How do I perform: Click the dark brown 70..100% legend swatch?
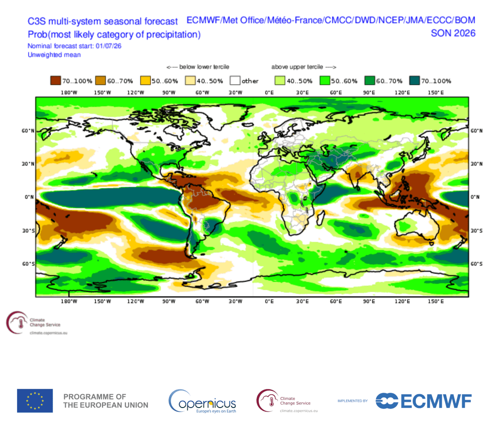click(55, 81)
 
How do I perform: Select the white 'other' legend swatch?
click(235, 81)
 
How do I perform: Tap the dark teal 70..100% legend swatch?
click(415, 81)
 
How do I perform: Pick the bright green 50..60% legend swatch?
click(325, 81)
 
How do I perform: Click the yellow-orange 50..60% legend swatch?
click(145, 81)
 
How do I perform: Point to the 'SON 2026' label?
click(453, 33)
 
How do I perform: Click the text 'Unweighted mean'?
click(54, 55)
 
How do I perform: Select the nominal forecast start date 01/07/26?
click(109, 46)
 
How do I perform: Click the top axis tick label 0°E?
click(269, 92)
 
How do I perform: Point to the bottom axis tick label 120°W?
click(135, 301)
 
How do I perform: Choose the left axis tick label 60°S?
click(28, 264)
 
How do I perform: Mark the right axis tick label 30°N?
click(476, 164)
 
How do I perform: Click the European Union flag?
click(35, 401)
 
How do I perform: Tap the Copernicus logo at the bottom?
click(202, 401)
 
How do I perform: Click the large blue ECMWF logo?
click(424, 401)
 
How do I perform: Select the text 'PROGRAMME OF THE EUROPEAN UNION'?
click(106, 401)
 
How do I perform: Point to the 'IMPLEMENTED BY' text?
click(353, 401)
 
